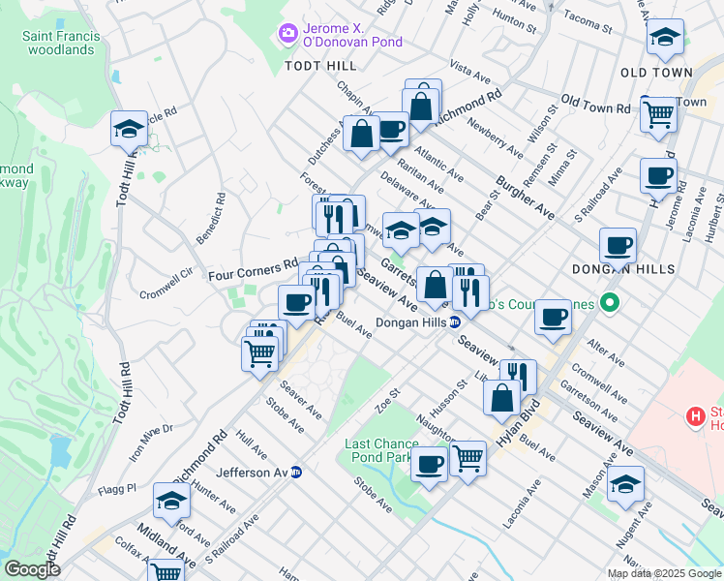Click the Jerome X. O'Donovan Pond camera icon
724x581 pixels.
287,34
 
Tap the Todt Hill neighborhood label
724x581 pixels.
320,65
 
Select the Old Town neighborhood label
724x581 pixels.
656,73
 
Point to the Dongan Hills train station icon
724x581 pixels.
454,323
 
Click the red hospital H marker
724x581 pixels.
694,417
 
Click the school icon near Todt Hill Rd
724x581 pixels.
128,128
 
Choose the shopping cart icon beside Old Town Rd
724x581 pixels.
658,113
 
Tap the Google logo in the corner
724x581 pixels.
33,569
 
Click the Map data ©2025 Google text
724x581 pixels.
663,573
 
